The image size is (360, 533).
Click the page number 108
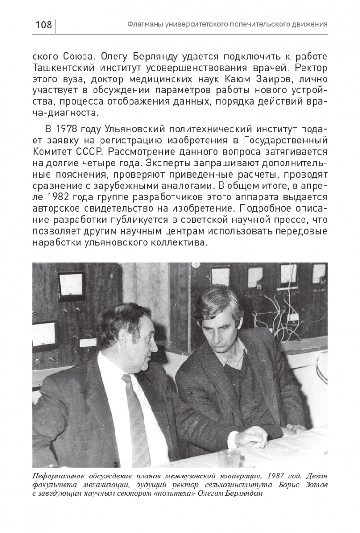tap(43, 24)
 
